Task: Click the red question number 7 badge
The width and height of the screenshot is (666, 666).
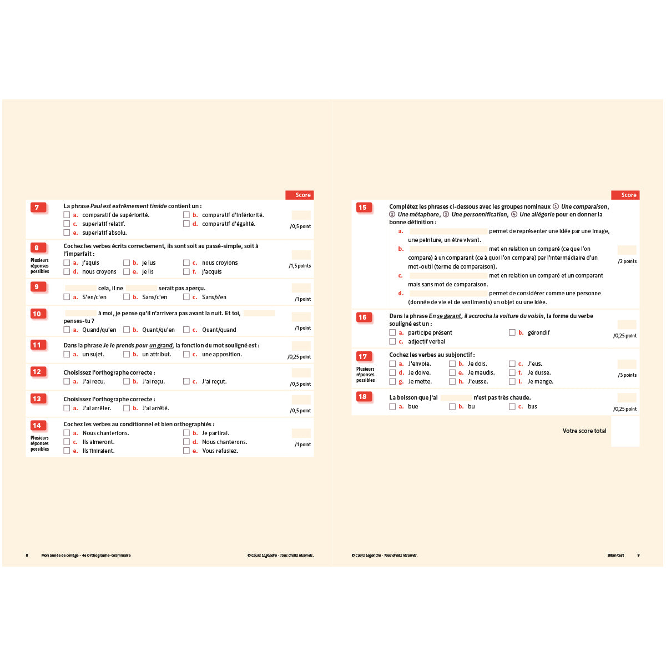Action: tap(37, 208)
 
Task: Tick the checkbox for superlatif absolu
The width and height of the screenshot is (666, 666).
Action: tap(67, 233)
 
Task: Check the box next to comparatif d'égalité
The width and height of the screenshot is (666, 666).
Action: tap(186, 224)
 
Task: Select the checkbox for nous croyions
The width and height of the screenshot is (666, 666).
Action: tap(186, 263)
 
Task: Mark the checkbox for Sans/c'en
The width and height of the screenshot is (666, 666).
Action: tap(127, 297)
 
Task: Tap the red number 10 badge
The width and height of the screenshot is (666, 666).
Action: tap(37, 314)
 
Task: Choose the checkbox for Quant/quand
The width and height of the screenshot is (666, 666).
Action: tap(186, 330)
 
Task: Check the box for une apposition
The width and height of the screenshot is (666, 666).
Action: tap(186, 354)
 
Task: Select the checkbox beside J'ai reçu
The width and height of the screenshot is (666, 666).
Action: tap(127, 381)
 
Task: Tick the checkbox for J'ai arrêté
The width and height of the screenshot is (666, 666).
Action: tap(127, 408)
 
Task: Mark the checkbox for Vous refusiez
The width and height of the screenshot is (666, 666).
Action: tap(186, 451)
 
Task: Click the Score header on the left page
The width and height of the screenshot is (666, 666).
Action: tap(300, 195)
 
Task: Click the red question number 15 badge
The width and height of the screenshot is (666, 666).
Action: tap(362, 208)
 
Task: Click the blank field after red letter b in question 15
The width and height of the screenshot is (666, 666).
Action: tap(448, 249)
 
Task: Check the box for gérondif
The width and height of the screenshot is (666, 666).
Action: tap(512, 332)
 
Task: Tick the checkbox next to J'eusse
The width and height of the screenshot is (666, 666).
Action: tap(452, 381)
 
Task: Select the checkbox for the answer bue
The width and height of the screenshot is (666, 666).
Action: tap(392, 406)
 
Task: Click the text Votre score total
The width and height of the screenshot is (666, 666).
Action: tap(584, 431)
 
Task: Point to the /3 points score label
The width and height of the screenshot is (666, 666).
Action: tap(627, 375)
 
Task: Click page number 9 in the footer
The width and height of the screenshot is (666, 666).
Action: tap(638, 555)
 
